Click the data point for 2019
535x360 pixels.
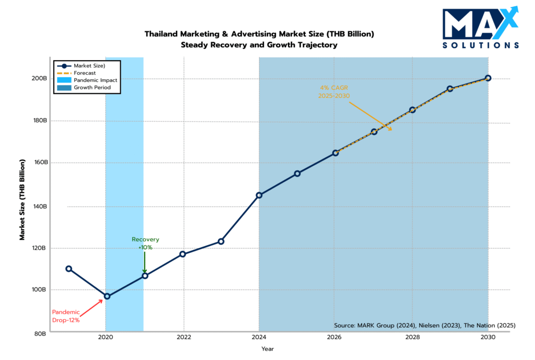(x=68, y=269)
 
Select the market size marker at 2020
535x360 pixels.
(x=107, y=296)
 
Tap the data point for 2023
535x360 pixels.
(x=221, y=241)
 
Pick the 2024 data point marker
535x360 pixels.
(x=259, y=195)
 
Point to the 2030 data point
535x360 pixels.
(x=488, y=78)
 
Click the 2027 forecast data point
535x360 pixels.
(x=374, y=132)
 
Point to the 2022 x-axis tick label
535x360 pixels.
(x=183, y=338)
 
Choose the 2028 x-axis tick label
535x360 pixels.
(x=412, y=338)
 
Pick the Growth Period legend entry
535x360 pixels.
(x=92, y=88)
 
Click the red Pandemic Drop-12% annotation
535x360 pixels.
(x=66, y=316)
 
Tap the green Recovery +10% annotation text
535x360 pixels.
(x=145, y=243)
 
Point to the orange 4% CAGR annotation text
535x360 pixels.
(x=333, y=92)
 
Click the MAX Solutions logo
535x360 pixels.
(x=480, y=28)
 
